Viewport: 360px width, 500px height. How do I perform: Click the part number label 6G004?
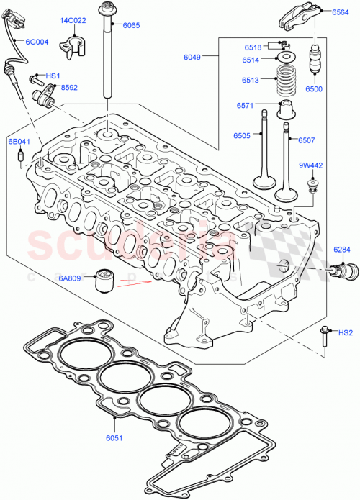37,42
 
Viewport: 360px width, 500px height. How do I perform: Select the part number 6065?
131,25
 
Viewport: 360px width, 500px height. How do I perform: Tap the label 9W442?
310,165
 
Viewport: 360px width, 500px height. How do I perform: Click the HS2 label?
346,332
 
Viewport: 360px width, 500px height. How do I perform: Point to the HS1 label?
53,76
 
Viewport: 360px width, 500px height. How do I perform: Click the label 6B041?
19,142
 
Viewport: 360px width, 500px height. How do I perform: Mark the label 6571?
246,106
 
